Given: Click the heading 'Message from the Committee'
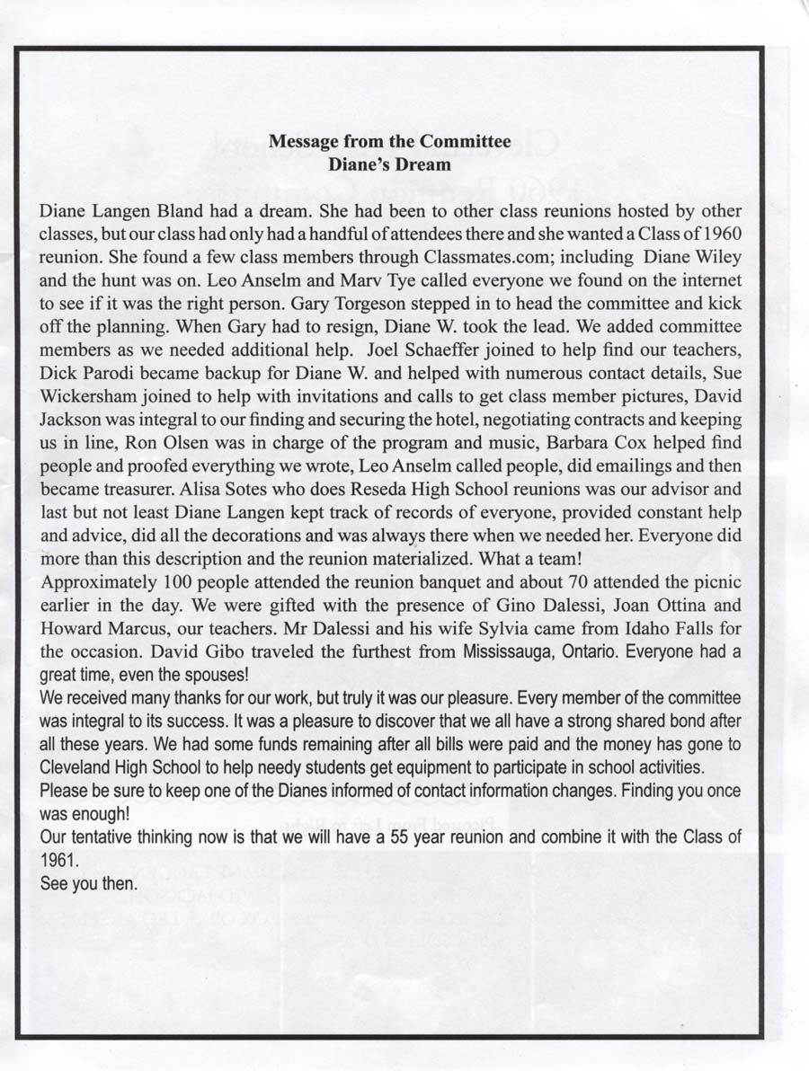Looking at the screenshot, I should pos(389,141).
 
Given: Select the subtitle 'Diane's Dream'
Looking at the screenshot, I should pos(389,164).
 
